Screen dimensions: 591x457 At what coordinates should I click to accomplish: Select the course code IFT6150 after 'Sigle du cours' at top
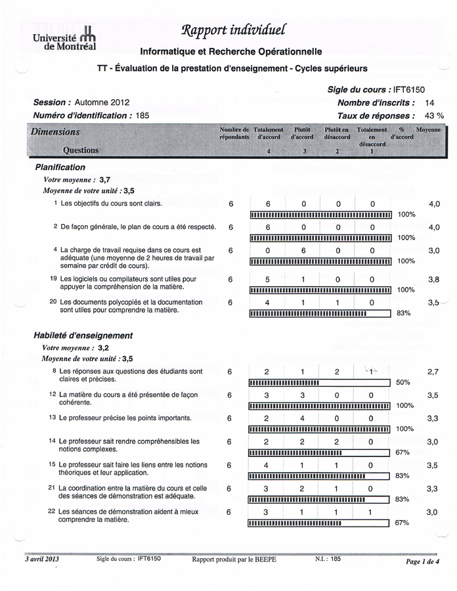(408, 89)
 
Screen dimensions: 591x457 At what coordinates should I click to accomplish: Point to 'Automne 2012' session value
(102, 102)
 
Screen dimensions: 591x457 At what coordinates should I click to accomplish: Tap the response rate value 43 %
(431, 116)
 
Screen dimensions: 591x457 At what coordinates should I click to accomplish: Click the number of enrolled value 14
(430, 102)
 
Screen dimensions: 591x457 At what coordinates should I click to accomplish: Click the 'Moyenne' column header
(428, 131)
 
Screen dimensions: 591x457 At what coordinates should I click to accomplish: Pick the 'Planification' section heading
(60, 167)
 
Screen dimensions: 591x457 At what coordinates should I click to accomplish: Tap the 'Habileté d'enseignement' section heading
(83, 336)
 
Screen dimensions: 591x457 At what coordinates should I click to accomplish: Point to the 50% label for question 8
(404, 382)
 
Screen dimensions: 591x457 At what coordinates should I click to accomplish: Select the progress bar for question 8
(319, 382)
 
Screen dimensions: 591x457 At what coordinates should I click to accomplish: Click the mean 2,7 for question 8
(433, 372)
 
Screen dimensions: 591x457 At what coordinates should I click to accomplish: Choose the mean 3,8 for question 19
(433, 279)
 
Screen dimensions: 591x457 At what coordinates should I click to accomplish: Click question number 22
(51, 511)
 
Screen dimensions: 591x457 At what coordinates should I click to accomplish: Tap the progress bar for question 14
(319, 452)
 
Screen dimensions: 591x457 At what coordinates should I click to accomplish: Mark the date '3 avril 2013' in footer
(42, 559)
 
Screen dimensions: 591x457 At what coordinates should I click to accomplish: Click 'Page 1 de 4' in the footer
(422, 561)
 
